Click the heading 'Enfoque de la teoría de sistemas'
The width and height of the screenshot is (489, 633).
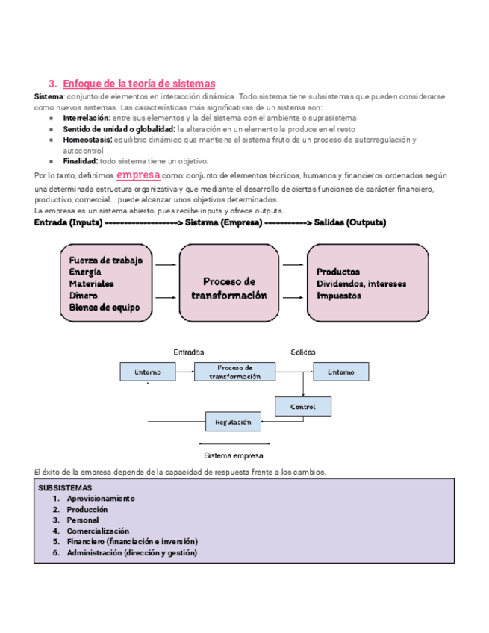click(x=139, y=84)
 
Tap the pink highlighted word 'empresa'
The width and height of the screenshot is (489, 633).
click(x=139, y=174)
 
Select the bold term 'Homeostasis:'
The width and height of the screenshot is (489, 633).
click(x=87, y=140)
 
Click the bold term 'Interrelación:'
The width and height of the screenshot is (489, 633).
click(x=87, y=118)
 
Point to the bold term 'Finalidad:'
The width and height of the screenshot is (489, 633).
click(x=81, y=160)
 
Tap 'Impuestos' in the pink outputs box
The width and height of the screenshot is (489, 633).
click(x=340, y=296)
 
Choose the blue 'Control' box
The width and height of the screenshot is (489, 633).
click(x=302, y=407)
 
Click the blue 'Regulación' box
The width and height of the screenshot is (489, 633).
click(x=233, y=422)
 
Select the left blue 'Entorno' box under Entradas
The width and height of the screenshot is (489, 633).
click(x=147, y=372)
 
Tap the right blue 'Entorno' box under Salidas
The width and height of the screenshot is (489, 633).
click(x=340, y=372)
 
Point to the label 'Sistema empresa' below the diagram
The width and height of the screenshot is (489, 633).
click(x=233, y=455)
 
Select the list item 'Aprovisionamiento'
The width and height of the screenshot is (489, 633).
click(x=101, y=498)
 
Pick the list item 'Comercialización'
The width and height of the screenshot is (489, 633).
click(x=97, y=531)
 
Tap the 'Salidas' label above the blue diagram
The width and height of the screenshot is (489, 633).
click(x=302, y=352)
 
